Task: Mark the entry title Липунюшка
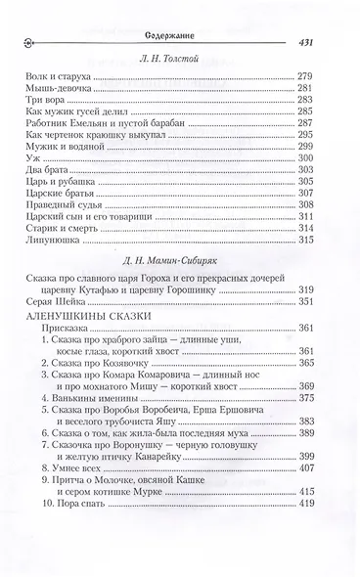click(x=57, y=294)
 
